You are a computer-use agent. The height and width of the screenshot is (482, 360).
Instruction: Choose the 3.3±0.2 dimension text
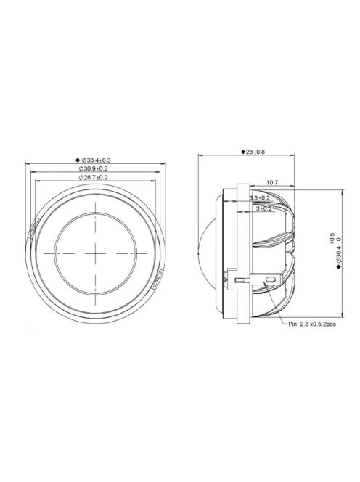pos(259,197)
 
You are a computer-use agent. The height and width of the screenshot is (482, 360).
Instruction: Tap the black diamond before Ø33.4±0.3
pos(77,159)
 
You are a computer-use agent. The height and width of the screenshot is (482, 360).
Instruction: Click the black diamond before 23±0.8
pos(241,153)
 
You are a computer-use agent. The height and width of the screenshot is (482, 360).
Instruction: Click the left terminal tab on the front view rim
pos(35,231)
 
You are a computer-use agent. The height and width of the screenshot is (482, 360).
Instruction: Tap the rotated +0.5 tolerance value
pos(332,239)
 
